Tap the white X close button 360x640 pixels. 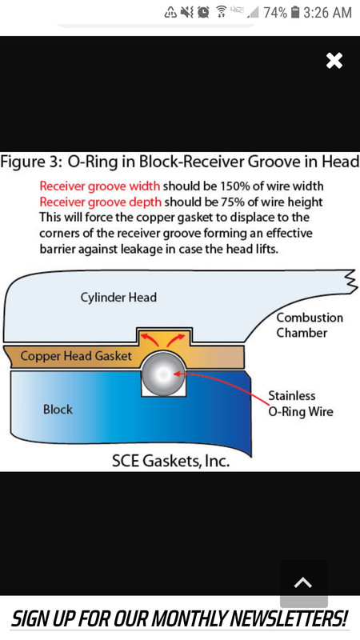point(334,61)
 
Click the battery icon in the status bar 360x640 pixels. point(295,13)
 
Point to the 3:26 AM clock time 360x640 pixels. point(327,13)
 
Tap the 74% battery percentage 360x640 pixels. point(275,13)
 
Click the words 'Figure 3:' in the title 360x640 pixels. point(30,162)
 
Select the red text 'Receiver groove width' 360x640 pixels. point(99,186)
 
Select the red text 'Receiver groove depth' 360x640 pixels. point(101,202)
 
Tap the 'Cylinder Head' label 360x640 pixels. point(118,297)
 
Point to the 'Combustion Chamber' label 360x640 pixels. point(310,325)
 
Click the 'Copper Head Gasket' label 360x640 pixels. point(76,356)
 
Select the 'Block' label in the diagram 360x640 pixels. point(58,410)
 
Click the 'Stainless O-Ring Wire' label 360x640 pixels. point(301,403)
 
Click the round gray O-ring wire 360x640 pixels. point(163,374)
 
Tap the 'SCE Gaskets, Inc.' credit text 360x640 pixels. point(170,462)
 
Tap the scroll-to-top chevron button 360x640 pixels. point(303,583)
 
